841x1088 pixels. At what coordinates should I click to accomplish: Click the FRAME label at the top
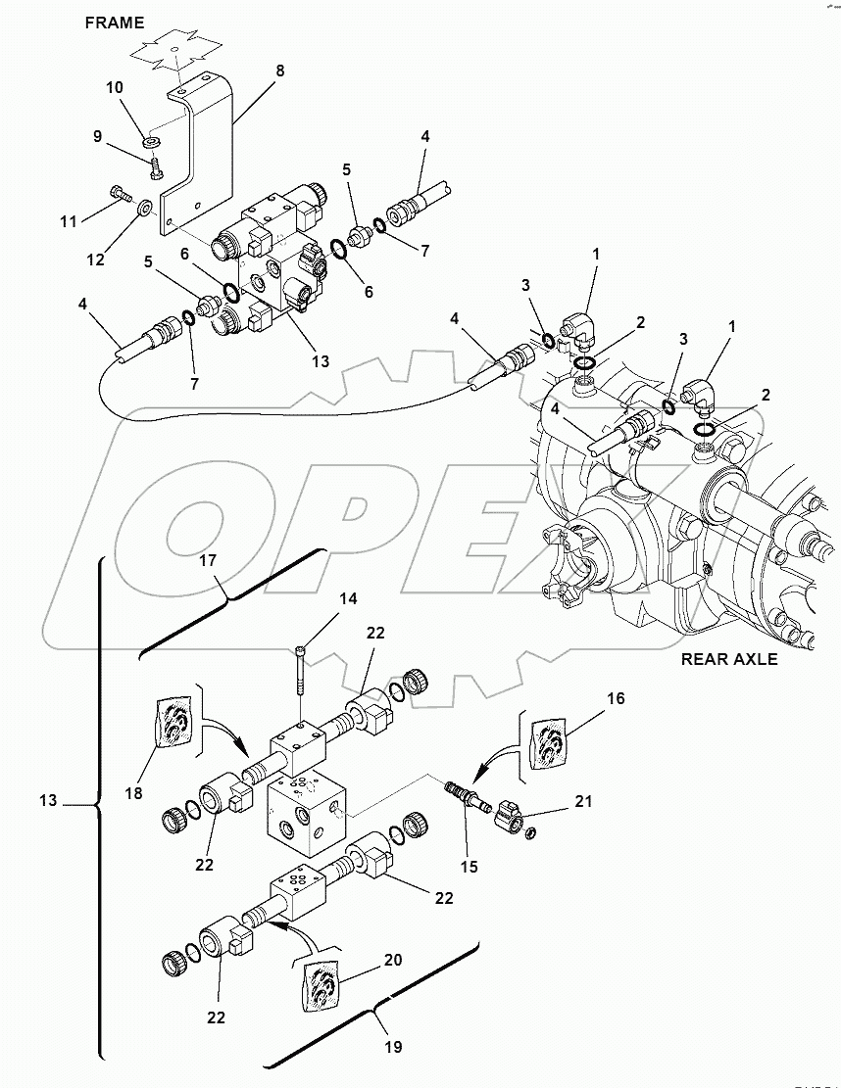coord(114,22)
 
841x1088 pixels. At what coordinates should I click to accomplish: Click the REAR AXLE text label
coord(729,659)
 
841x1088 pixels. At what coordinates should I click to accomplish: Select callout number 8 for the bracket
coord(280,71)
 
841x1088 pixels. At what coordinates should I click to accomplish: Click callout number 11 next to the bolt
coord(68,222)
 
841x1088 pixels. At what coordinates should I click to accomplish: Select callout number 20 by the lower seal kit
coord(393,960)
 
